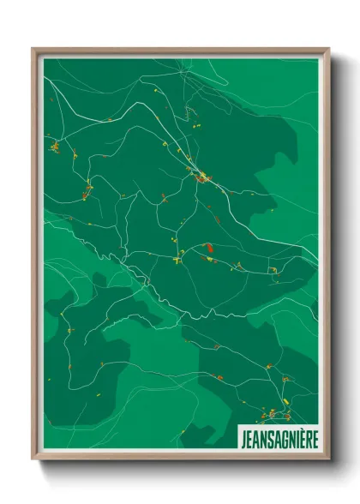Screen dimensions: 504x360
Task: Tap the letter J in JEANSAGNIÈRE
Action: point(243,435)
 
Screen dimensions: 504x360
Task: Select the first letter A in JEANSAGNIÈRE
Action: point(255,435)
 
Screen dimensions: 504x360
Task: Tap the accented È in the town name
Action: point(299,435)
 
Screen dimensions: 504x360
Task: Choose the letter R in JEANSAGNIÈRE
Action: point(306,435)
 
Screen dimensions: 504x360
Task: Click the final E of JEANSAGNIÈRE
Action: point(313,435)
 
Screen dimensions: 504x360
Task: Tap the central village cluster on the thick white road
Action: point(202,178)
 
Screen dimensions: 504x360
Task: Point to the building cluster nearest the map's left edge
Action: point(55,147)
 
